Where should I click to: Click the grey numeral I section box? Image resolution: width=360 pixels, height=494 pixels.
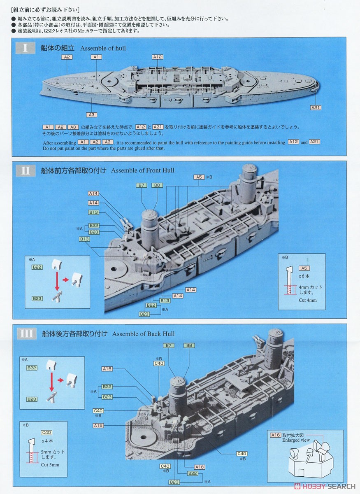26,48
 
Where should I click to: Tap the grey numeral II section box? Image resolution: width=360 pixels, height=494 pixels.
26,170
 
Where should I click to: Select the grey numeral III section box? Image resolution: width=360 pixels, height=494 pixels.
27,333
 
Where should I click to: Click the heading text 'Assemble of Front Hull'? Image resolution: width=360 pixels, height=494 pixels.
143,170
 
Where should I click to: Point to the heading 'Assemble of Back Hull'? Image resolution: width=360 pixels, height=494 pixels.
143,334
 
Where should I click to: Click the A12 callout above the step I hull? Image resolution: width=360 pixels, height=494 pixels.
158,57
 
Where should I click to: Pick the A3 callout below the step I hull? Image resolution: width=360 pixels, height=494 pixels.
91,115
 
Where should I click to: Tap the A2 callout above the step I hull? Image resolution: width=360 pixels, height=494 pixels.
67,57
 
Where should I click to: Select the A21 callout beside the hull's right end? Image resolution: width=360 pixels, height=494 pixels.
316,107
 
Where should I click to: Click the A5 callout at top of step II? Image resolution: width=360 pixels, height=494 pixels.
199,177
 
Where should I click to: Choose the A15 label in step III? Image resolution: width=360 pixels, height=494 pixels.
98,426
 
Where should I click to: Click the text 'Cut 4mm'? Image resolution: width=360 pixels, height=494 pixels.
307,300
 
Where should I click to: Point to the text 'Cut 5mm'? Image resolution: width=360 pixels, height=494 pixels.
50,465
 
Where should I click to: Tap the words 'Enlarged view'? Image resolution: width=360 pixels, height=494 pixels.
296,440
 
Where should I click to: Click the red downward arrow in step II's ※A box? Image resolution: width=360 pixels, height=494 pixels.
57,281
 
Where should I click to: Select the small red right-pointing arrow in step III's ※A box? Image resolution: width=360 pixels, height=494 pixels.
60,380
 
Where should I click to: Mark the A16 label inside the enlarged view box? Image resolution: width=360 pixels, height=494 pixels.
276,435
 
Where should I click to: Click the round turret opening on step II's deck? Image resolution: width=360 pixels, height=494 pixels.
114,269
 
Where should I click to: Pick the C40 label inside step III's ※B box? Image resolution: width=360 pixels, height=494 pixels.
46,433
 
